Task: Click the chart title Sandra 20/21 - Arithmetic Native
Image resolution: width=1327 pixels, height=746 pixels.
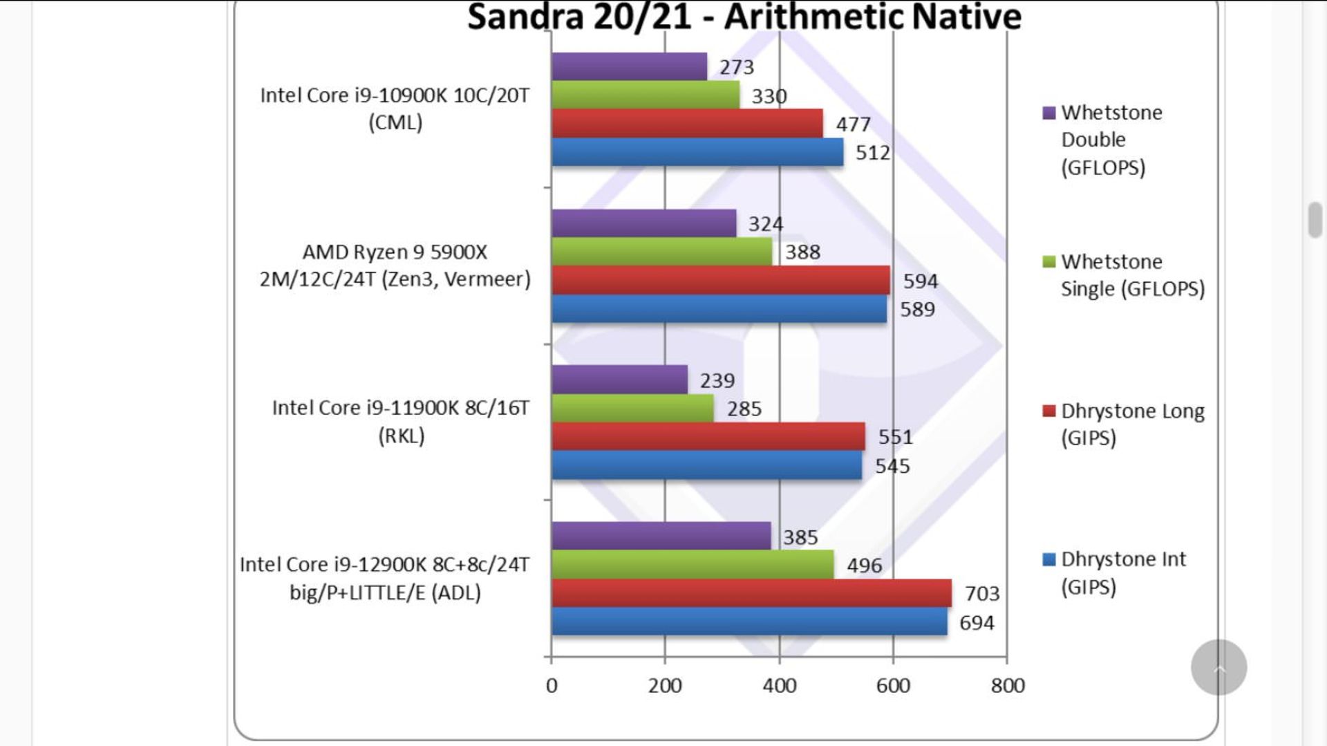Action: (x=744, y=17)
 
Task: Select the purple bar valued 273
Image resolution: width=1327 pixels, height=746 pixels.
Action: (x=629, y=66)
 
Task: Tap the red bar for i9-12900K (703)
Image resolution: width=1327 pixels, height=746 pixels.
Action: (x=751, y=593)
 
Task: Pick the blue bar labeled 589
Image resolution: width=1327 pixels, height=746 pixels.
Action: (x=719, y=309)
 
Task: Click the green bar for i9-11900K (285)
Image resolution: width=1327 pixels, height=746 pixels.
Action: (x=632, y=409)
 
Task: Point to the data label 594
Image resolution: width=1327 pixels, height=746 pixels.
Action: (x=920, y=281)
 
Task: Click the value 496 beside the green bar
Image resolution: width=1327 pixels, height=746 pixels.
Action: (x=864, y=566)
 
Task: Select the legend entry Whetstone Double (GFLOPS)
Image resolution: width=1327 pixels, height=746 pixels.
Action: (x=1111, y=140)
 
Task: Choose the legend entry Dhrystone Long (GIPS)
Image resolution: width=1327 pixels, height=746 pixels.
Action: (x=1131, y=424)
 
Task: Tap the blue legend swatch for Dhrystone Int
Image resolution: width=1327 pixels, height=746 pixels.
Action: (x=1049, y=559)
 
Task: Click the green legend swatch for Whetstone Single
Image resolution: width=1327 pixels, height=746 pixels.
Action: (x=1049, y=262)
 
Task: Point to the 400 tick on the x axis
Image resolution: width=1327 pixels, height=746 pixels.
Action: (x=779, y=685)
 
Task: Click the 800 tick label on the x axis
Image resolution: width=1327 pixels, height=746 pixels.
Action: (x=1007, y=685)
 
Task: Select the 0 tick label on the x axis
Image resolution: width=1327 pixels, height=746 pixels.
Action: (x=552, y=685)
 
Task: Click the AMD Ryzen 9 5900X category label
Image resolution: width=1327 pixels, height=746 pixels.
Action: (x=395, y=265)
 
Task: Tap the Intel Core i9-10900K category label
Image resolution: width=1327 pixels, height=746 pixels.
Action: (x=395, y=109)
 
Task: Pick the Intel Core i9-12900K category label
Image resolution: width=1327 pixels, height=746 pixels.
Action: (x=384, y=578)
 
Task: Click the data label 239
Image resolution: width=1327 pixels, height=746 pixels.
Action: (x=717, y=380)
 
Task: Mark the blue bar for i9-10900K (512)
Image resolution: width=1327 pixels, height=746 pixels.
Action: (x=697, y=152)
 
